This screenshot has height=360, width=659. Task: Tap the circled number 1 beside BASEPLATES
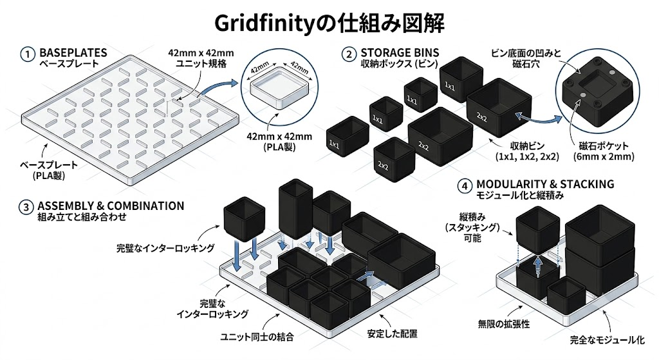point(28,54)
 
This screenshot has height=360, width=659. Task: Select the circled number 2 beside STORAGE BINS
point(349,54)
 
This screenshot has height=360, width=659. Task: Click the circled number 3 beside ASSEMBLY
point(26,207)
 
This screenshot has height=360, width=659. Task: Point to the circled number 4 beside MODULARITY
point(465,186)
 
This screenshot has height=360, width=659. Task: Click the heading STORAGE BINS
point(400,53)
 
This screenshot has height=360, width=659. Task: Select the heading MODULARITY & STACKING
point(545,184)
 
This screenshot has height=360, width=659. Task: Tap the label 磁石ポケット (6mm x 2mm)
point(604,151)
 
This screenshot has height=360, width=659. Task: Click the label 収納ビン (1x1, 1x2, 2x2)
point(527,151)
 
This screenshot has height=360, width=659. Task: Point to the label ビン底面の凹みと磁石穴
point(526,59)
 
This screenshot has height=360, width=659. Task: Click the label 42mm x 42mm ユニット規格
point(201,59)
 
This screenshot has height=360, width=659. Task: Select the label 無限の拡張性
point(503,324)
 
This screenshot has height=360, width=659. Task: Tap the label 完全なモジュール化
point(607,340)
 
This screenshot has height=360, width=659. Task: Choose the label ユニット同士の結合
point(257,337)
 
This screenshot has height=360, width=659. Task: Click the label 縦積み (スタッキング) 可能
point(472,227)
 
